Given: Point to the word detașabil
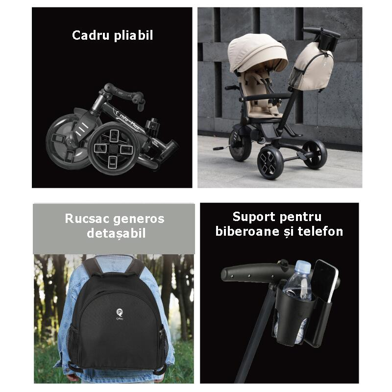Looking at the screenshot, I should pyautogui.click(x=116, y=233).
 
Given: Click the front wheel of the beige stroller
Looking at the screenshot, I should pyautogui.click(x=270, y=162).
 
